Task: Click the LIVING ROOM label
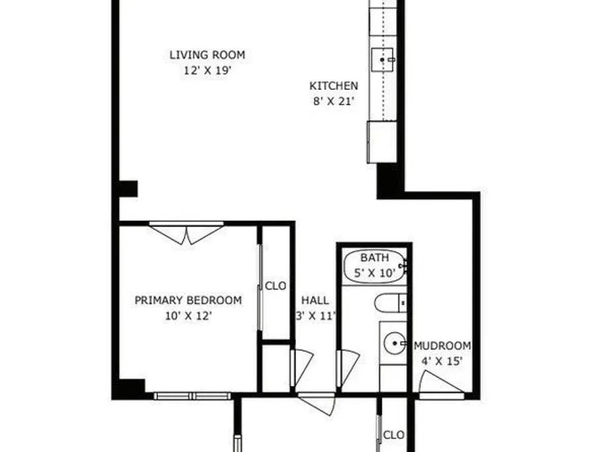207,55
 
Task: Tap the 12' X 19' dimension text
208,71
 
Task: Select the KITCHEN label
334,86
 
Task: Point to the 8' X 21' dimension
334,102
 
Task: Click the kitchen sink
383,59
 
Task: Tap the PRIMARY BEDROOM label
188,300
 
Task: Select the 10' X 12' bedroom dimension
188,316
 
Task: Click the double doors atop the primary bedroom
186,233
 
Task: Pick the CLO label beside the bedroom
276,285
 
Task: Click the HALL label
315,300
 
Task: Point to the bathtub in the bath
375,266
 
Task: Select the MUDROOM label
442,346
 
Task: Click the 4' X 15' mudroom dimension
442,361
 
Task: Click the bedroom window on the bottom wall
192,396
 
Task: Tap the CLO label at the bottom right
394,435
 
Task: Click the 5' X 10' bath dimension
375,273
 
